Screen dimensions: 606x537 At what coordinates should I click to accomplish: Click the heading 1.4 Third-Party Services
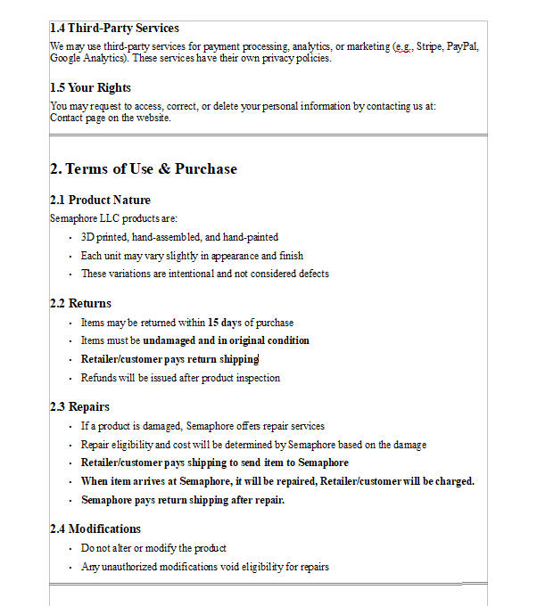[114, 29]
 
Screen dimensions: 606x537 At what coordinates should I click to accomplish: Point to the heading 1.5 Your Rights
[90, 87]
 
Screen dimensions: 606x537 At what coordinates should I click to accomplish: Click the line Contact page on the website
[110, 118]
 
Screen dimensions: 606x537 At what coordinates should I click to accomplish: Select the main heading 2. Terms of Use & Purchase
[144, 168]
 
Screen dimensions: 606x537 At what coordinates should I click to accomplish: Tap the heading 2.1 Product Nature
[100, 200]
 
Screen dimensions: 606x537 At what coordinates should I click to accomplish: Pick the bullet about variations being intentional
[204, 274]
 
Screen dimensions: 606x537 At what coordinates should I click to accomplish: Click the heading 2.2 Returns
[80, 303]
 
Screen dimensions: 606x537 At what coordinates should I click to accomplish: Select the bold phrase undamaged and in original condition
[226, 340]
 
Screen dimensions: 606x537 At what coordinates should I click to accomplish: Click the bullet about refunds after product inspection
[180, 378]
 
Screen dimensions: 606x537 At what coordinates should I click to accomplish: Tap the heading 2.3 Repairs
[79, 406]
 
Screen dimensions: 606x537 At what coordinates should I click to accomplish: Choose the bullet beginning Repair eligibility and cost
[253, 444]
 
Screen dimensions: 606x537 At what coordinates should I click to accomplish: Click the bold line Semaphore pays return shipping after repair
[183, 500]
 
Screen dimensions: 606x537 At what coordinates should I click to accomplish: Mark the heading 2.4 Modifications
[95, 528]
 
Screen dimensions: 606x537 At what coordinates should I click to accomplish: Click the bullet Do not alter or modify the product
[153, 548]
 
